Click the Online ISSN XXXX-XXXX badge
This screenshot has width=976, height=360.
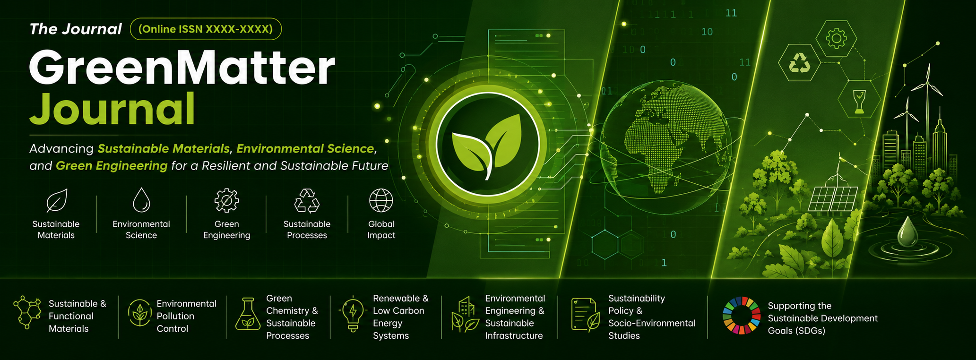(206, 29)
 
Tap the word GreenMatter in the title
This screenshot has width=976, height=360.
(182, 68)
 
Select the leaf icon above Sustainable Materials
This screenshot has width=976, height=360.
(57, 200)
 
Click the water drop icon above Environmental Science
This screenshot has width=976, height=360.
(141, 200)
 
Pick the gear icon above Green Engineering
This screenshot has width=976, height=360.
(226, 200)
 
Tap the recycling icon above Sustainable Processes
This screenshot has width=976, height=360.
(307, 200)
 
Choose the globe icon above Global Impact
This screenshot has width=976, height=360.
(381, 200)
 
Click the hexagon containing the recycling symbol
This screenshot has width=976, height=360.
(799, 63)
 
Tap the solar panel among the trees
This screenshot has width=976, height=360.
(832, 198)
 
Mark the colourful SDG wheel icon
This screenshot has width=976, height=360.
(742, 316)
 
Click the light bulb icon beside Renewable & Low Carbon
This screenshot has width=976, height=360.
(353, 314)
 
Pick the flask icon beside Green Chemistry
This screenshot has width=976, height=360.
(248, 314)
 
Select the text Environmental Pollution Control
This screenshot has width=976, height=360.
(186, 316)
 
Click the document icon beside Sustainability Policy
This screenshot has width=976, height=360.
(585, 315)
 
